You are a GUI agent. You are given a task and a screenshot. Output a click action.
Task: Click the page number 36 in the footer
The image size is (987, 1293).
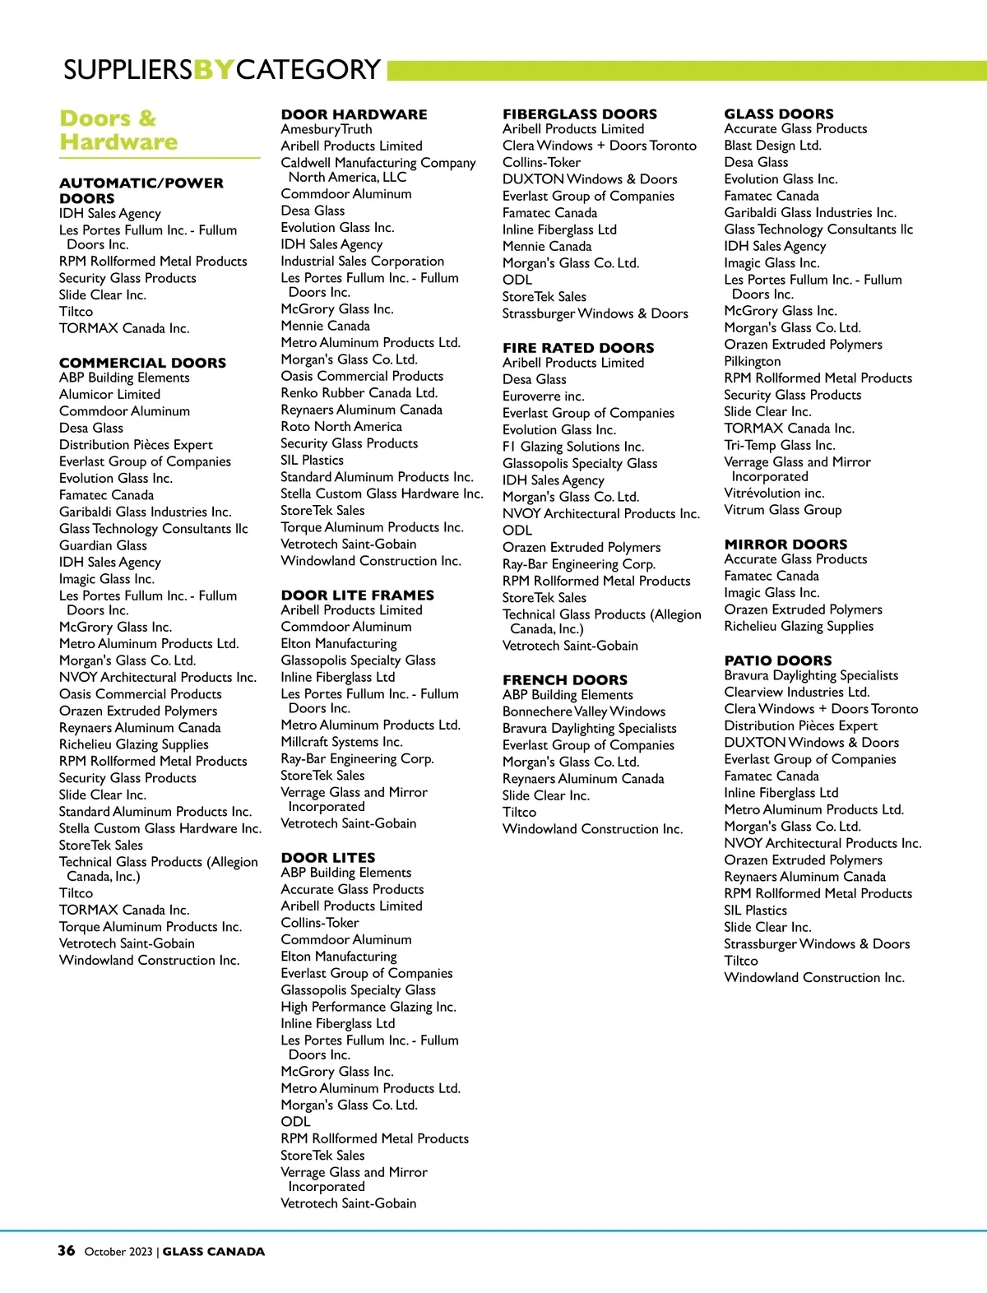(x=66, y=1250)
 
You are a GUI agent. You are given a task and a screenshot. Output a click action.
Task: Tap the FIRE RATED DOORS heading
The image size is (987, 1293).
(x=578, y=348)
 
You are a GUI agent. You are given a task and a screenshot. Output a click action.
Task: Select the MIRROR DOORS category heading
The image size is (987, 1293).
(x=785, y=545)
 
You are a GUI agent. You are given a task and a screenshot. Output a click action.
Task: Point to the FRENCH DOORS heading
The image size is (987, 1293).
(x=564, y=680)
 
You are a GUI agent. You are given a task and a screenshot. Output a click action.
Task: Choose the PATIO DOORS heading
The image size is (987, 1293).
(x=777, y=660)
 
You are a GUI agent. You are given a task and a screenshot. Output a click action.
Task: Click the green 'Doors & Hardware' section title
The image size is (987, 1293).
(x=118, y=130)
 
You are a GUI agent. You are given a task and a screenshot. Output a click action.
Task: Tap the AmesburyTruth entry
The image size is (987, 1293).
(x=326, y=129)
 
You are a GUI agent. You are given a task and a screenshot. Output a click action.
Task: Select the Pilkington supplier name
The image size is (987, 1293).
(x=752, y=361)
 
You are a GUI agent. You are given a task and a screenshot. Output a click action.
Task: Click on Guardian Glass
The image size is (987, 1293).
(x=103, y=545)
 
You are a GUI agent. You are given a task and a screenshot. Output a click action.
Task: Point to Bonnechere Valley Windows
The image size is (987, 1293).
(x=583, y=711)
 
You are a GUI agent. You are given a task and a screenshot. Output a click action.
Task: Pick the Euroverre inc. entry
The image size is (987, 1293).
(x=543, y=396)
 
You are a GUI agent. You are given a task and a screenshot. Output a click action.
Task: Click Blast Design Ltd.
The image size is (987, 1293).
(x=772, y=146)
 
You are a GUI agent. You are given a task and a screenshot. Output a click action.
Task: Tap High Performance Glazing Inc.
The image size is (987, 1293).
(x=368, y=1007)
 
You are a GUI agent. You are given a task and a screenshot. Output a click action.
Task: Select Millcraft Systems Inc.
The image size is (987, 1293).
(x=341, y=742)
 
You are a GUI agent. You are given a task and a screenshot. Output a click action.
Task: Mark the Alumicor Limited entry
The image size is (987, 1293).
(x=109, y=395)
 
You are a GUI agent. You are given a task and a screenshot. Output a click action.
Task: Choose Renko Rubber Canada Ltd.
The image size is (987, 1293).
(x=359, y=393)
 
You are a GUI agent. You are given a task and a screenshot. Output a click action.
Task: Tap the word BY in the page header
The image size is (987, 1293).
(x=213, y=69)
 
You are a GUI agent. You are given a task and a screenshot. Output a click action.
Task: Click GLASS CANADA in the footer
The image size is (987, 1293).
(x=213, y=1252)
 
